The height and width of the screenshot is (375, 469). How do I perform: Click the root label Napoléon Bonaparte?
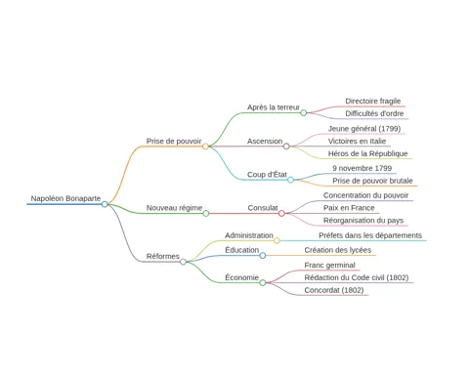point(65,198)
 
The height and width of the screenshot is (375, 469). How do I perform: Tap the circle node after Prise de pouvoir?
point(205,146)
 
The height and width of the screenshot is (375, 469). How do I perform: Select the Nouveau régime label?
point(174,208)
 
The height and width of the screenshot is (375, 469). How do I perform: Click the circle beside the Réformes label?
point(184,262)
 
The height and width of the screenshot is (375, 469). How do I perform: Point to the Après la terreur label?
point(274,107)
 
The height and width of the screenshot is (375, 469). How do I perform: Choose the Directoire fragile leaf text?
point(373,101)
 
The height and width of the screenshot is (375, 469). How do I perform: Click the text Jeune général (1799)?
point(364,129)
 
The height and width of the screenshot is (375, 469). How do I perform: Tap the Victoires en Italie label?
point(357,142)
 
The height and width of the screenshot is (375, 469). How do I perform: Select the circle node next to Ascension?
point(286,146)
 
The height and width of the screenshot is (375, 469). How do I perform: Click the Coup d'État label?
point(267,175)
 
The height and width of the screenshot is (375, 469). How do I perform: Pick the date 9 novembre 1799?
point(362,168)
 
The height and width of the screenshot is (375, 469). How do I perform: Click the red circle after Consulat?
point(281,214)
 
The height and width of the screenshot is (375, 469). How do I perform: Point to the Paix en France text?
point(349,208)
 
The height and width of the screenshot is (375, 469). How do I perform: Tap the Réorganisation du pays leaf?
point(363,221)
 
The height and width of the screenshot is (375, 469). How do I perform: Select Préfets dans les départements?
point(370,235)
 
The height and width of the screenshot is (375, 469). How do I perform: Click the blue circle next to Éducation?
point(263,256)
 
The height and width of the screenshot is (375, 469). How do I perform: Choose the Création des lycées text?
point(338,250)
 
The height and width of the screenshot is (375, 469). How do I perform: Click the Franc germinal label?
point(329,266)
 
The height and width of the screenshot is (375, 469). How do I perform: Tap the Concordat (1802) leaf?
point(334,290)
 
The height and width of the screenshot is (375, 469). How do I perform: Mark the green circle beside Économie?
point(263,283)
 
